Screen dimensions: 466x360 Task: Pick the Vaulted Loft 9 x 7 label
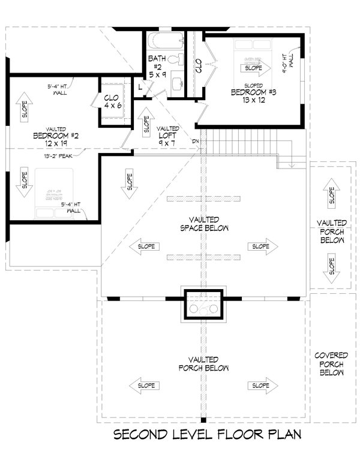(167, 136)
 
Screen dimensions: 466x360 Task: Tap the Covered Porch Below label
(331, 364)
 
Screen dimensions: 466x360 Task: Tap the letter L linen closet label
(139, 88)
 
